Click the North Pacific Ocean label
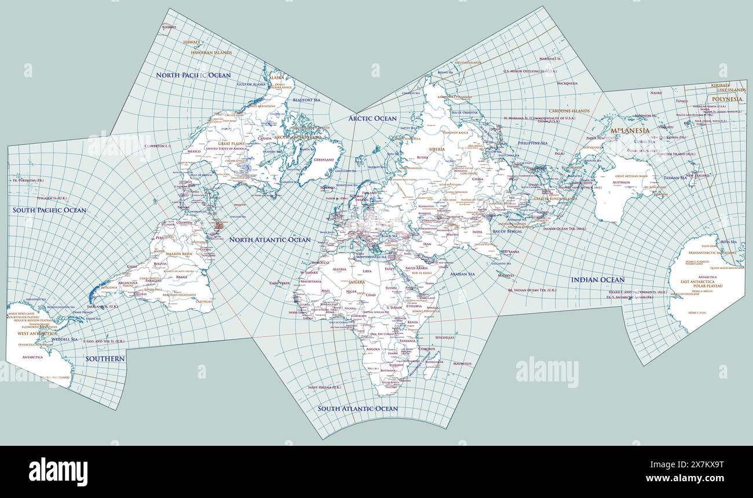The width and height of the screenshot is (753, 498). tap(193, 75)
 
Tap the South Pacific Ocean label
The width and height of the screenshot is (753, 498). tap(50, 210)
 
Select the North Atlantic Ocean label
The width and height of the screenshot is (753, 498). tap(270, 239)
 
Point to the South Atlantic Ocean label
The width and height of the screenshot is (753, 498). tap(357, 408)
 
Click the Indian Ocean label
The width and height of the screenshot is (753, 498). tap(598, 280)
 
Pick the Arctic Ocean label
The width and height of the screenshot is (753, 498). tap(372, 118)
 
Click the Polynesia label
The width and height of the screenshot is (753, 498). tap(726, 99)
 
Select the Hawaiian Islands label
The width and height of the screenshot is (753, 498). tap(211, 53)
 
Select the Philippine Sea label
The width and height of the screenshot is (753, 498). tap(533, 143)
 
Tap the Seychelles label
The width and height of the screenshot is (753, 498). tap(445, 337)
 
